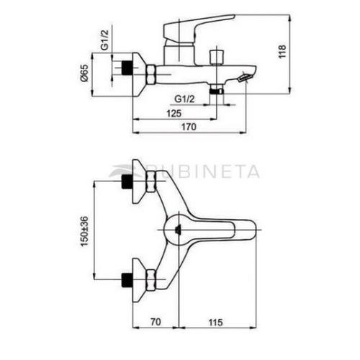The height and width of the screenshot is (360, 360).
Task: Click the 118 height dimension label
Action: click(x=282, y=52)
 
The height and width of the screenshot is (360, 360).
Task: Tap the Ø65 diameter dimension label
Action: click(x=84, y=73)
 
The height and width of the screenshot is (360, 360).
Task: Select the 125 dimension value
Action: click(x=174, y=113)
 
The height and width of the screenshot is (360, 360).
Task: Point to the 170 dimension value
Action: click(x=189, y=127)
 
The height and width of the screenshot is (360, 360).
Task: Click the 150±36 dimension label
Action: click(x=84, y=231)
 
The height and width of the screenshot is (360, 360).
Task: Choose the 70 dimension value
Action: click(x=156, y=322)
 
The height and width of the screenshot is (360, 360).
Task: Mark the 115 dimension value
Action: click(x=215, y=323)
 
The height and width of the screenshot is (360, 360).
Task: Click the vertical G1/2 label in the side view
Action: click(x=104, y=40)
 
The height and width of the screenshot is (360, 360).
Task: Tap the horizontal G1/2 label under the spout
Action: click(x=184, y=99)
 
